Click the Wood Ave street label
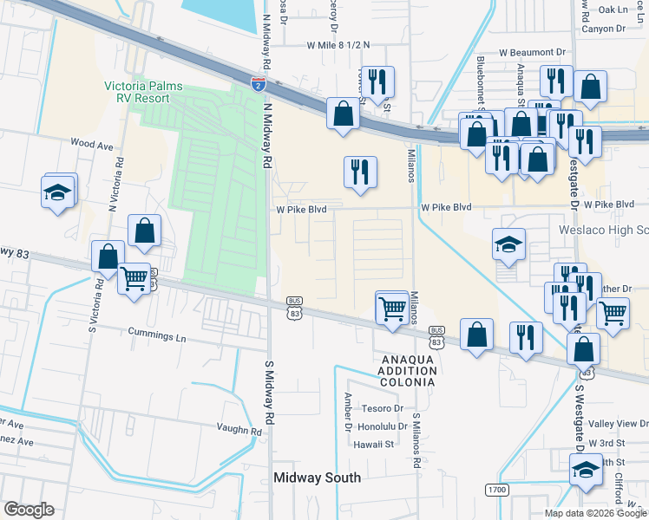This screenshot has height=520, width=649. pyautogui.click(x=93, y=144)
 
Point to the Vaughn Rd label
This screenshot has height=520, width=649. pyautogui.click(x=239, y=430)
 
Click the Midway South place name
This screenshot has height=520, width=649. pyautogui.click(x=317, y=478)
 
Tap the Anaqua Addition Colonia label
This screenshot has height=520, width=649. pyautogui.click(x=405, y=370)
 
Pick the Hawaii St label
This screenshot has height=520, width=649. pyautogui.click(x=374, y=444)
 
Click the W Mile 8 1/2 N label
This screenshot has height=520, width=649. pyautogui.click(x=338, y=45)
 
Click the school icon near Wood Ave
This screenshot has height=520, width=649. pyautogui.click(x=57, y=192)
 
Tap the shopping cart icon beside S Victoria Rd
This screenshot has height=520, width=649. pyautogui.click(x=134, y=278)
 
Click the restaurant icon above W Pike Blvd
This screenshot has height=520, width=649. pyautogui.click(x=360, y=170)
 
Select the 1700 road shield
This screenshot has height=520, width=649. pyautogui.click(x=496, y=491)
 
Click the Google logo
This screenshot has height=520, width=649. pyautogui.click(x=29, y=510)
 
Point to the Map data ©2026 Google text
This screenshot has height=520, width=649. pyautogui.click(x=594, y=513)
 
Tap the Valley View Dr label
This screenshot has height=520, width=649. pyautogui.click(x=619, y=424)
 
